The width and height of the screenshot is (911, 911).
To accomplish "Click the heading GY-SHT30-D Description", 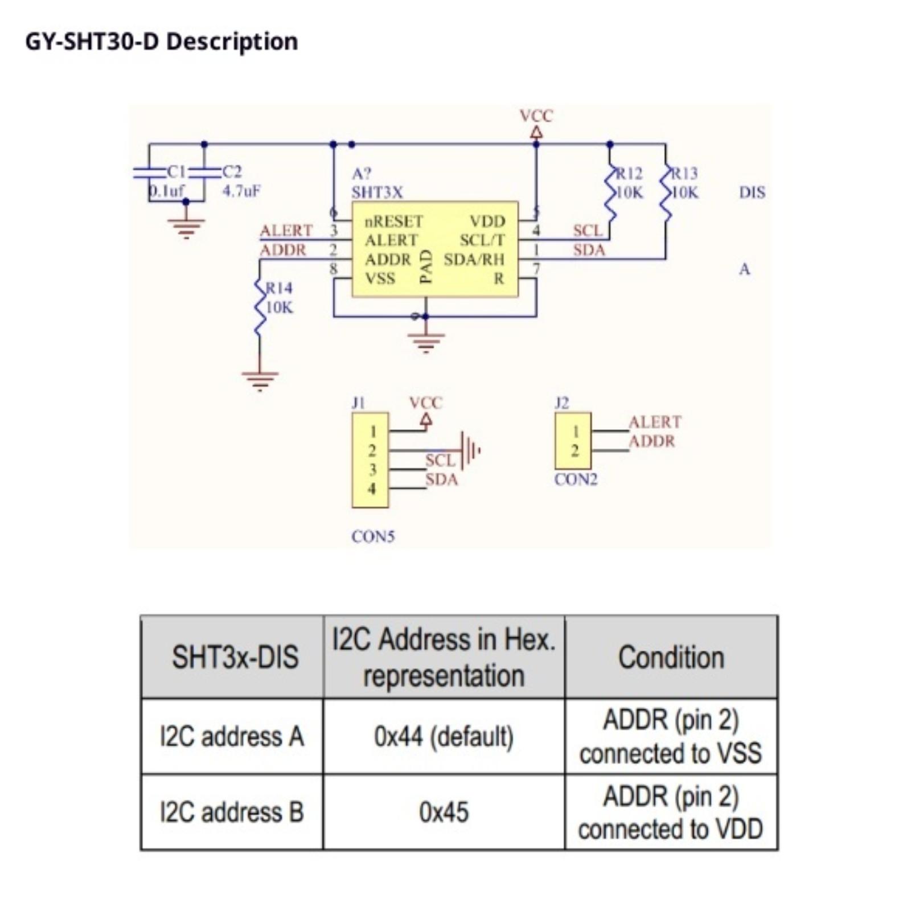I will pos(161,42).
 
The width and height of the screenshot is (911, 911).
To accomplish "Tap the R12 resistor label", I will pos(629,173).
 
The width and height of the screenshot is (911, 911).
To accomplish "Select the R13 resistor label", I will pos(684,173).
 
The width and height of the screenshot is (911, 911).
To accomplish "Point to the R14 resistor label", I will pos(280,288).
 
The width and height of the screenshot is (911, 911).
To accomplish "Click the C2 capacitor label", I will pos(232,171).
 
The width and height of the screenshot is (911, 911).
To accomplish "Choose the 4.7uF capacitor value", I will pos(241,191).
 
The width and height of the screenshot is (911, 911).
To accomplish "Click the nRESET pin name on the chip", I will pos(393,221).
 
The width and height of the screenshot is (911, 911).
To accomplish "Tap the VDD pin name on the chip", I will pos(487,221).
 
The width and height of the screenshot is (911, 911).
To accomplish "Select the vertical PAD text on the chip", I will pos(426,266).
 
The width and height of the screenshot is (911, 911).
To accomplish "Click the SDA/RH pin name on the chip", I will pos(474,260).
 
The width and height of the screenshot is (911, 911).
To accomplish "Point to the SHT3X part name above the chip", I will pos(376,192).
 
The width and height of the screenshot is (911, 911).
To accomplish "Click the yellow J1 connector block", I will pos(370,460).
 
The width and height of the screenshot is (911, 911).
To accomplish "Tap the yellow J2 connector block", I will pos(573,441).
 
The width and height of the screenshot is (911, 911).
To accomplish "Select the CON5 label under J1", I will pos(373,536).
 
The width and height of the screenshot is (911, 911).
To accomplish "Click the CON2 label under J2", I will pos(576,479).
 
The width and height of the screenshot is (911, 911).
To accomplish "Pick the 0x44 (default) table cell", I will pos(444,737).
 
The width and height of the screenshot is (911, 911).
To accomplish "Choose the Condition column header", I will pos(671,657).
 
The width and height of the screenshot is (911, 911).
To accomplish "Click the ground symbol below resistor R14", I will pos(260,379).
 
